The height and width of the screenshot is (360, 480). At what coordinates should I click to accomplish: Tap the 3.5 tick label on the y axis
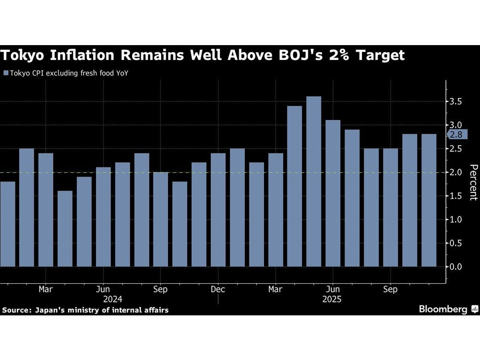(x=456, y=102)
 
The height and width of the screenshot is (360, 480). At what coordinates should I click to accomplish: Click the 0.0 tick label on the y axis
(x=456, y=266)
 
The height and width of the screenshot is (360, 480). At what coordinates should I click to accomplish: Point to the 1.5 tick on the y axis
(x=456, y=196)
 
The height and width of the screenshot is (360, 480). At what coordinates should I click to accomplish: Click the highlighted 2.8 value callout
(x=456, y=135)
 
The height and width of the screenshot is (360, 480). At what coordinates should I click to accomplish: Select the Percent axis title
(x=473, y=182)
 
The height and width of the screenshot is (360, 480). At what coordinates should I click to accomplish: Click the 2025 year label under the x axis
(x=333, y=299)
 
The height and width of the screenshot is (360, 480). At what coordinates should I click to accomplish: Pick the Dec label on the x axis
(x=218, y=289)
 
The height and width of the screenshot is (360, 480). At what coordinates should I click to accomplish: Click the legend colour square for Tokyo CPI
(x=6, y=73)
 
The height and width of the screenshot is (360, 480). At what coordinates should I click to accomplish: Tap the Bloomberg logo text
(x=443, y=309)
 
